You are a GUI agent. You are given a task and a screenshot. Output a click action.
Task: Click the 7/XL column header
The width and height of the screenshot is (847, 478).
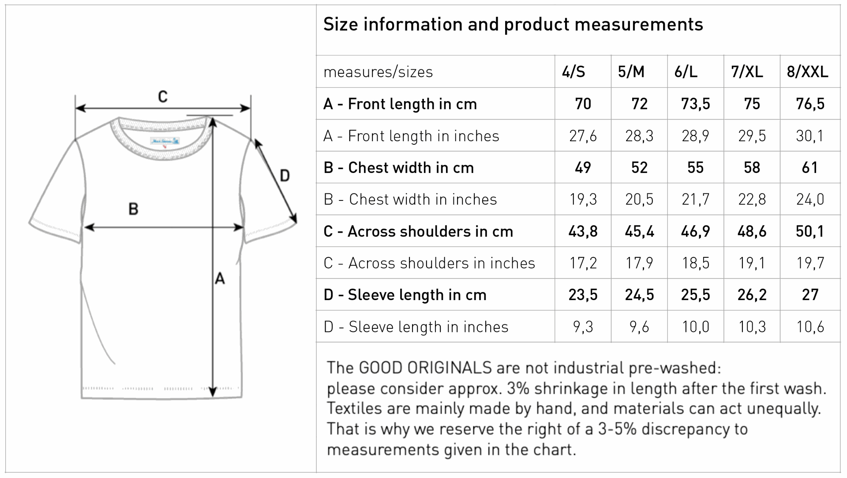pyautogui.click(x=747, y=72)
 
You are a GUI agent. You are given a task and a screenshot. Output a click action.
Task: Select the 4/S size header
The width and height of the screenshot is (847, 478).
pyautogui.click(x=573, y=72)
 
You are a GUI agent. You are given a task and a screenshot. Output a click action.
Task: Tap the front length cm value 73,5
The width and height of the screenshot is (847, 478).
pyautogui.click(x=696, y=104)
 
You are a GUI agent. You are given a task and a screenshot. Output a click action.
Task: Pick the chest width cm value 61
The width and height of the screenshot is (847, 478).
pyautogui.click(x=810, y=168)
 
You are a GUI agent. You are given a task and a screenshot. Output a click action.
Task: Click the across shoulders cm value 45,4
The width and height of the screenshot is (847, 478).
pyautogui.click(x=639, y=231)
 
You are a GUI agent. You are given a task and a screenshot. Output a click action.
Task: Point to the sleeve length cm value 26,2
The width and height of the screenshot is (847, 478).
pyautogui.click(x=752, y=295)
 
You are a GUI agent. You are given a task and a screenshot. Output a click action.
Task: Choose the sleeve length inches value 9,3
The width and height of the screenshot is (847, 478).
pyautogui.click(x=583, y=327)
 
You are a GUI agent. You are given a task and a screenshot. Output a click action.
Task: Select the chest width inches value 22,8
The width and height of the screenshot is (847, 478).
pyautogui.click(x=752, y=199)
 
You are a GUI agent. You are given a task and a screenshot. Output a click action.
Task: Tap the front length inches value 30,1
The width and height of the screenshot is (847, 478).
pyautogui.click(x=810, y=135)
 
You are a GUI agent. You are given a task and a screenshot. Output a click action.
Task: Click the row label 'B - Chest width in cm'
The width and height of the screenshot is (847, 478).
pyautogui.click(x=398, y=168)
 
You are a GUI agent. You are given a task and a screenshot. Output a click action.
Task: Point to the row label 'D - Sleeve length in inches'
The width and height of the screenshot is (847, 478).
pyautogui.click(x=416, y=327)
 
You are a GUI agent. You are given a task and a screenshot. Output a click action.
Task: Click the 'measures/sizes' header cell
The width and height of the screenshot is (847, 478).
pyautogui.click(x=378, y=72)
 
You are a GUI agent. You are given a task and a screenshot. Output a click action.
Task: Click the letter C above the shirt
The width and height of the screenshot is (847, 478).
pyautogui.click(x=163, y=97)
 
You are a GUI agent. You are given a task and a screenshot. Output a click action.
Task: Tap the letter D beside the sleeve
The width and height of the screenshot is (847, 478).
pyautogui.click(x=285, y=176)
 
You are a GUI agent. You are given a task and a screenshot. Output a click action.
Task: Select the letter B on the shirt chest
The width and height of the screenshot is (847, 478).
pyautogui.click(x=133, y=209)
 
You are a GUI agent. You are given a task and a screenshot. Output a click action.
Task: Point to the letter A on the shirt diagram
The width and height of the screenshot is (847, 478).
pyautogui.click(x=220, y=279)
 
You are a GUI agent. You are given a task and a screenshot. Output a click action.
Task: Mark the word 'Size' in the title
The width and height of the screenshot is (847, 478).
pyautogui.click(x=341, y=24)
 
